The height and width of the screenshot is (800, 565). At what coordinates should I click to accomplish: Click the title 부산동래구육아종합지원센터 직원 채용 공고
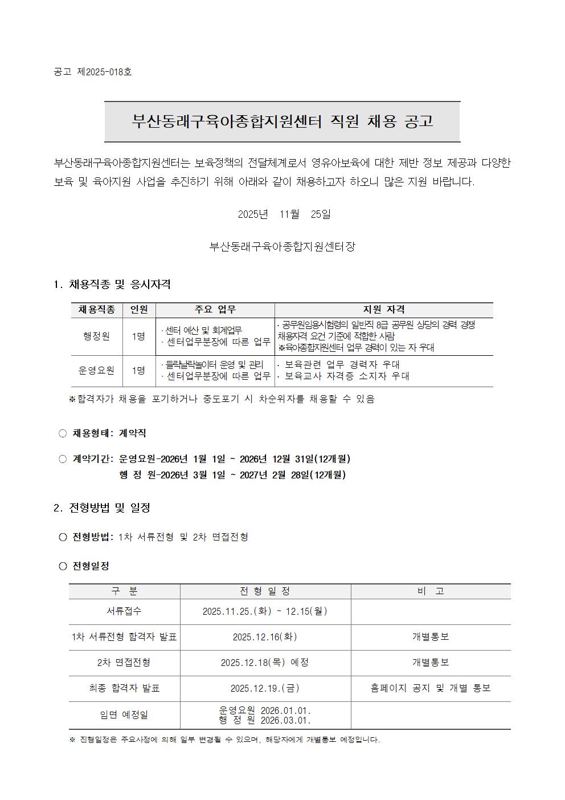(x=282, y=121)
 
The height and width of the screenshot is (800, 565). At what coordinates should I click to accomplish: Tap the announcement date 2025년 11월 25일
(x=284, y=214)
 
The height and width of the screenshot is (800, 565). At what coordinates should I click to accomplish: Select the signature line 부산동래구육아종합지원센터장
(x=282, y=247)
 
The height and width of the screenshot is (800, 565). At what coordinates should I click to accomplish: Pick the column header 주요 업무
(x=215, y=310)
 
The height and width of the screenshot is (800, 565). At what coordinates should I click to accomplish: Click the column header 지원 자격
(x=384, y=310)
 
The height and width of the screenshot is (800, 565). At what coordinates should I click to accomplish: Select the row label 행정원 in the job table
(x=96, y=336)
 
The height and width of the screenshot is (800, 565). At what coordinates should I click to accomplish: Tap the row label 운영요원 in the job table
(x=96, y=371)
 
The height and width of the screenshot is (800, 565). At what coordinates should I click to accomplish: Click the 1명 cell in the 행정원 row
(x=138, y=336)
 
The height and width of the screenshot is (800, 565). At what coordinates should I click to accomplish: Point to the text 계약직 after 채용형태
(x=132, y=433)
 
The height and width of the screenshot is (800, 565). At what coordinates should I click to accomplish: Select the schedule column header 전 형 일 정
(x=265, y=591)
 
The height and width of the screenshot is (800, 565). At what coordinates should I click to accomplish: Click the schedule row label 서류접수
(x=124, y=611)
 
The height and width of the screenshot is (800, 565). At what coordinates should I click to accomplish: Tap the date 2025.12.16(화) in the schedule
(x=265, y=637)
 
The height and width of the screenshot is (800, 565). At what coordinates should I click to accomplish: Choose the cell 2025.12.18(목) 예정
(x=265, y=663)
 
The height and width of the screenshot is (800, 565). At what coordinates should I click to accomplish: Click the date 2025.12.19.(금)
(x=265, y=688)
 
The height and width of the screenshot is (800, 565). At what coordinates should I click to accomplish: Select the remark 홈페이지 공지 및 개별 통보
(x=430, y=688)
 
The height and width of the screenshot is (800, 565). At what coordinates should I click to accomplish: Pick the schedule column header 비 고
(x=430, y=591)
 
